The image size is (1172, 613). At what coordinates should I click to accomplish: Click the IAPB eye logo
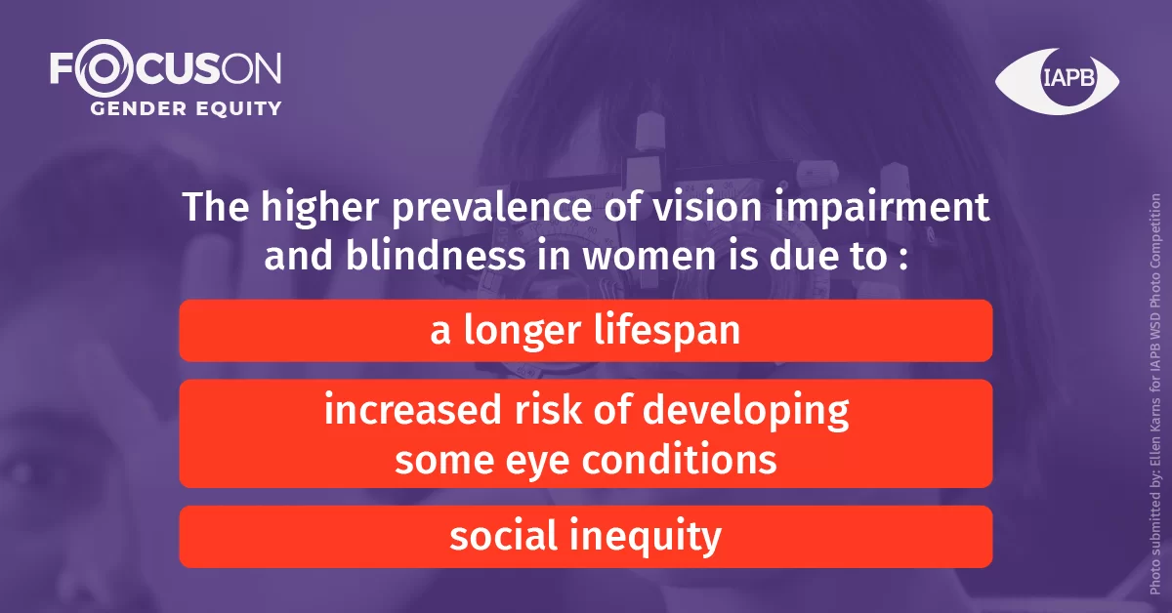(1057, 81)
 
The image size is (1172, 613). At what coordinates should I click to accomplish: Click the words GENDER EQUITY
(187, 108)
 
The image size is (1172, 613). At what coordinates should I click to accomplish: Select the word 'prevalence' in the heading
(492, 208)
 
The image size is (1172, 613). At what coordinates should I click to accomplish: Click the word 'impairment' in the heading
(881, 207)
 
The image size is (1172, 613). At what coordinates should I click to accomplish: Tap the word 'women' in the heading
(649, 258)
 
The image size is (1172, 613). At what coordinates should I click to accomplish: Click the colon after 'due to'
(903, 260)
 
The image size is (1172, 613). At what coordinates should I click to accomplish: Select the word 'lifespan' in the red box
(666, 331)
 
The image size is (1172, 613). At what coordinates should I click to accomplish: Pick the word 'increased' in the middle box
(413, 410)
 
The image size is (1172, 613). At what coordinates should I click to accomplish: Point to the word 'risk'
(548, 409)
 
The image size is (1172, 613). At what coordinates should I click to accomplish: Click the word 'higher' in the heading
(319, 208)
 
